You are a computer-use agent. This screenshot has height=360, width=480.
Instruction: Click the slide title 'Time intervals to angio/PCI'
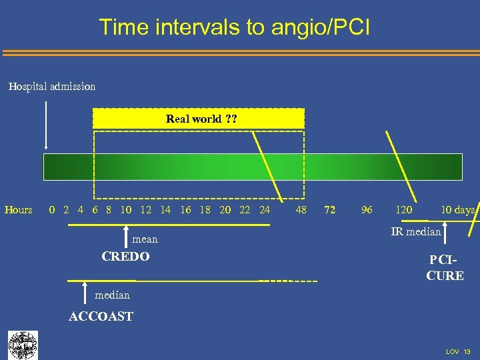coord(234,27)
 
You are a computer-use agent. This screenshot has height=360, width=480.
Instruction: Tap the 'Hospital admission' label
coord(52,86)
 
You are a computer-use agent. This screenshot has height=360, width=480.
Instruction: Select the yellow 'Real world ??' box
coord(198,119)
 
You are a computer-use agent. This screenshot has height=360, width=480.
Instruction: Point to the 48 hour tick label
coord(301,210)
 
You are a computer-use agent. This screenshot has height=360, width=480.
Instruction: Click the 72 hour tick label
coord(329,210)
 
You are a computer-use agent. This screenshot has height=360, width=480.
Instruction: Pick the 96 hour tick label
coord(367,210)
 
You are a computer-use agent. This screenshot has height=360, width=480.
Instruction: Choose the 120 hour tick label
coord(403,210)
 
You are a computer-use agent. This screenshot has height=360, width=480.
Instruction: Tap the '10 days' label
coord(457,210)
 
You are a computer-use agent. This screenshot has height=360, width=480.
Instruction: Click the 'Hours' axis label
coord(18,210)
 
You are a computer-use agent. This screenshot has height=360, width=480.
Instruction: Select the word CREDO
coord(125,256)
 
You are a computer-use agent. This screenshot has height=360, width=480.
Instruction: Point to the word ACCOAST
coord(101,317)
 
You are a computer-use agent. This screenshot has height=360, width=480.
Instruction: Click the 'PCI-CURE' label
coord(445,267)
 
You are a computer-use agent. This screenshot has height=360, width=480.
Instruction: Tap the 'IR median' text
coord(416,232)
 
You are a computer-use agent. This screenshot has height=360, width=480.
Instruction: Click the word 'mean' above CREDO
coord(145,239)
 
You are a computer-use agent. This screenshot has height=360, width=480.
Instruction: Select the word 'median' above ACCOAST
coord(112,295)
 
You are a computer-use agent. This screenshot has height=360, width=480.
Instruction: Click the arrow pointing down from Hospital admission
coord(45,125)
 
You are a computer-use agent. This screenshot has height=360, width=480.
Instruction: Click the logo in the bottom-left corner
coord(23,345)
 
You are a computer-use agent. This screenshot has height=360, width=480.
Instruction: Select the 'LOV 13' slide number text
coord(458,351)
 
